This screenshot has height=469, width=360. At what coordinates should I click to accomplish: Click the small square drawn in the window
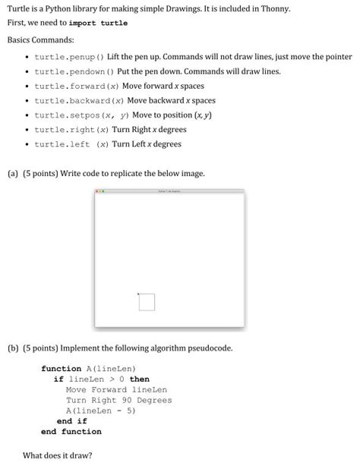147,302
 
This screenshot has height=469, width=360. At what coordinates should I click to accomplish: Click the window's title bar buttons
99,191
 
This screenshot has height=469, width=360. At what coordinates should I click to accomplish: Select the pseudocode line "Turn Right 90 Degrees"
118,400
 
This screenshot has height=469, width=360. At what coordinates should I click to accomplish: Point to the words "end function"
71,432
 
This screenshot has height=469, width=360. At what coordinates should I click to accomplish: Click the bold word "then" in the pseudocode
140,379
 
